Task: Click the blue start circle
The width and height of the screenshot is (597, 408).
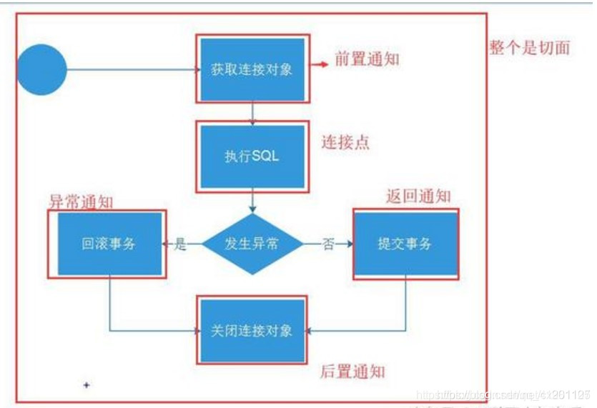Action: click(x=41, y=69)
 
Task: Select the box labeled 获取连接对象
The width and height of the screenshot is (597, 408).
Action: click(x=252, y=69)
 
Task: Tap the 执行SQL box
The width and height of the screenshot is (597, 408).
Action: click(x=252, y=156)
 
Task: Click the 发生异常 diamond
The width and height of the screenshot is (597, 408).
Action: click(x=252, y=244)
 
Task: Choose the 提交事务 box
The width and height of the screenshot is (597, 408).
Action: click(x=405, y=244)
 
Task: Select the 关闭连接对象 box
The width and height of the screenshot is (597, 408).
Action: click(x=252, y=330)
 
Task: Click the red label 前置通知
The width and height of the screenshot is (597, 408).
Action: click(x=366, y=59)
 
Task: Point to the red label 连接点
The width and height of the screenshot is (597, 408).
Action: click(x=345, y=143)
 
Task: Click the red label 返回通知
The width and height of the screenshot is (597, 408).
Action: click(x=418, y=196)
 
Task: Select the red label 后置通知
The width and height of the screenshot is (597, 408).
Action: click(x=352, y=372)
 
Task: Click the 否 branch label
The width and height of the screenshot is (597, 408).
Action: click(x=328, y=244)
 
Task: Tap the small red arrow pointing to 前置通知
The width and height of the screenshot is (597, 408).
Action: click(x=319, y=64)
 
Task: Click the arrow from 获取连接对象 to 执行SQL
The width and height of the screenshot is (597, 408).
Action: click(x=252, y=111)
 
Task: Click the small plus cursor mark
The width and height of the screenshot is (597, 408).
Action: click(x=87, y=385)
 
